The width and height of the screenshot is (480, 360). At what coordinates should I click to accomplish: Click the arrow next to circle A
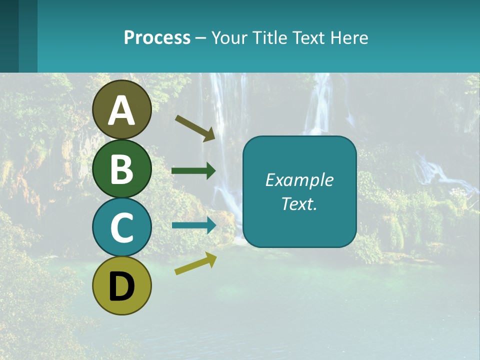195,128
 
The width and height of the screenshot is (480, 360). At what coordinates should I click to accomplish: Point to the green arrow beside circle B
193,171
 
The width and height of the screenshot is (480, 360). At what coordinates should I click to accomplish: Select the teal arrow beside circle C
194,225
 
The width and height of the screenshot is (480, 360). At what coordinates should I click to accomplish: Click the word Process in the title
157,38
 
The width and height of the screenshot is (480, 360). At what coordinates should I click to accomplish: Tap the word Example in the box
299,180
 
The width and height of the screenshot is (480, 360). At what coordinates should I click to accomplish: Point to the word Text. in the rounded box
299,203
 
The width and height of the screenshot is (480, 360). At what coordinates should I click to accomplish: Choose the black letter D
121,286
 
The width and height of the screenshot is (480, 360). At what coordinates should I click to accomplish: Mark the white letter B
121,169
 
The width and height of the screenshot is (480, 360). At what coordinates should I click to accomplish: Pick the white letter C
121,227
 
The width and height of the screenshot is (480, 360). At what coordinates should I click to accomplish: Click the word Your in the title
229,38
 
